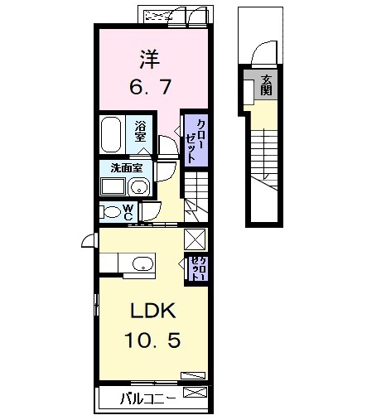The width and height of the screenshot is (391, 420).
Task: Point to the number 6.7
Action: click(x=149, y=86)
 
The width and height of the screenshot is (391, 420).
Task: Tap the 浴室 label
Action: click(x=142, y=131)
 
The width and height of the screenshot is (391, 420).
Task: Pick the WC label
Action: click(x=130, y=210)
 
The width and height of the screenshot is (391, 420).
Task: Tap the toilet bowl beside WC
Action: click(x=109, y=211)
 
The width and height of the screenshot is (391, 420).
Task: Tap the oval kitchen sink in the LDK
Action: click(x=142, y=265)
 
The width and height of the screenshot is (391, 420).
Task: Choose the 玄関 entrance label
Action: click(x=266, y=84)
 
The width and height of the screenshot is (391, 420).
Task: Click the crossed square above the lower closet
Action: click(x=195, y=238)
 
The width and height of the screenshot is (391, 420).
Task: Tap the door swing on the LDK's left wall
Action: click(x=89, y=241)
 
